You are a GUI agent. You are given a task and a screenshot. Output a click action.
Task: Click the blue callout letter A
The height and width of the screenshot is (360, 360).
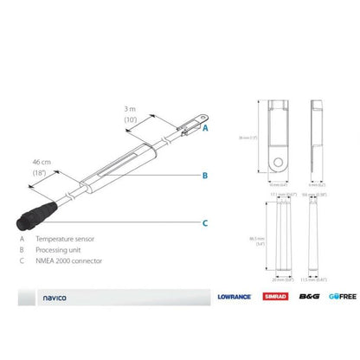point(206,127)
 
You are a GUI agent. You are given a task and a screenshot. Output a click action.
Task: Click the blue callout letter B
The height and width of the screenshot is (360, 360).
point(205,176)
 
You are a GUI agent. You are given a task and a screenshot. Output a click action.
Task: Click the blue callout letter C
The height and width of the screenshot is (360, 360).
point(205,223)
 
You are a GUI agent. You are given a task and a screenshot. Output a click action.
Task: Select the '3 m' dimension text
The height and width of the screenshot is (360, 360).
point(131,110)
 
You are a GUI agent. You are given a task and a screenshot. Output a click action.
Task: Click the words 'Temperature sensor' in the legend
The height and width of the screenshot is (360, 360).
point(65,237)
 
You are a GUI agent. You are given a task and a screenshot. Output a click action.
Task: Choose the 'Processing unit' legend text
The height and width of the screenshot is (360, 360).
point(60,248)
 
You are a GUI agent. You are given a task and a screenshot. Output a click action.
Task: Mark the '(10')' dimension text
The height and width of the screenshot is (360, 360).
point(131,120)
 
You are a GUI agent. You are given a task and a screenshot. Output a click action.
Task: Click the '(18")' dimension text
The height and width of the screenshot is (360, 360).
point(39,174)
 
